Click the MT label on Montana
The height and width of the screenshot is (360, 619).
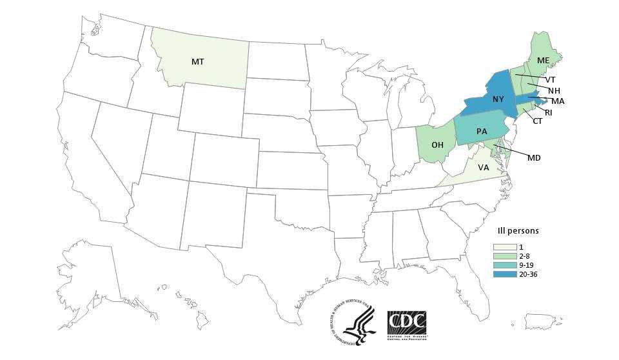point(198,62)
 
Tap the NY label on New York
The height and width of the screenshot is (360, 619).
point(498,99)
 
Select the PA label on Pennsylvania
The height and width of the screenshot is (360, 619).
point(482,132)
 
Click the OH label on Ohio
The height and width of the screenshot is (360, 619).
point(437,145)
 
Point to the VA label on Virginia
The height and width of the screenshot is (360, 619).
point(483,168)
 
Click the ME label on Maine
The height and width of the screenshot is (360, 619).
point(543,61)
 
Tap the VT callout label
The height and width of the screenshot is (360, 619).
point(550,80)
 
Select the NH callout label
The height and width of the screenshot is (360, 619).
point(553,90)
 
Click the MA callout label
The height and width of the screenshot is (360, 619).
point(558,101)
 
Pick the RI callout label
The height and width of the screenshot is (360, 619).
point(548,113)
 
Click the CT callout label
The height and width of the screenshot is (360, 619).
point(538,121)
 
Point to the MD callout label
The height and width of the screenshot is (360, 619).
point(534,158)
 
